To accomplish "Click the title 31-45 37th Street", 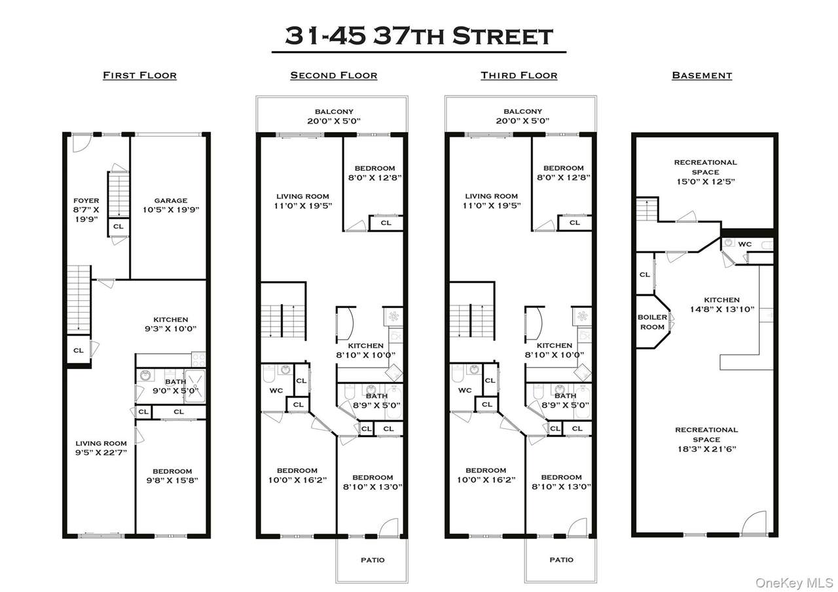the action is click(419, 36).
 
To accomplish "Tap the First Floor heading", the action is click(140, 75).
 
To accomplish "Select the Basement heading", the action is click(702, 75).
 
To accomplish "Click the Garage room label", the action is click(171, 201).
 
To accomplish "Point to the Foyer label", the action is click(86, 201).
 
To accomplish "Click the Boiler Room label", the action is click(652, 322).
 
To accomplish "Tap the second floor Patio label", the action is click(373, 560).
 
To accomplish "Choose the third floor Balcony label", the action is click(522, 111).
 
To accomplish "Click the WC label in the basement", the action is click(744, 245).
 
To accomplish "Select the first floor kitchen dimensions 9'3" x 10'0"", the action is click(171, 329).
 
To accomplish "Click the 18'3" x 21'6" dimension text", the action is click(706, 449).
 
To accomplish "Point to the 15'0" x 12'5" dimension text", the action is click(706, 182).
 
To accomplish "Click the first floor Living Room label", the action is click(101, 444).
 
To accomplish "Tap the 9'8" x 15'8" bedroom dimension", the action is click(172, 481).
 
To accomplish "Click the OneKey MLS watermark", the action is click(794, 583).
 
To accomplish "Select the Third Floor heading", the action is click(519, 75).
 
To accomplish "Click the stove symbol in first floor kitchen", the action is click(198, 360).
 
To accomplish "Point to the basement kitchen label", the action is click(721, 300).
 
